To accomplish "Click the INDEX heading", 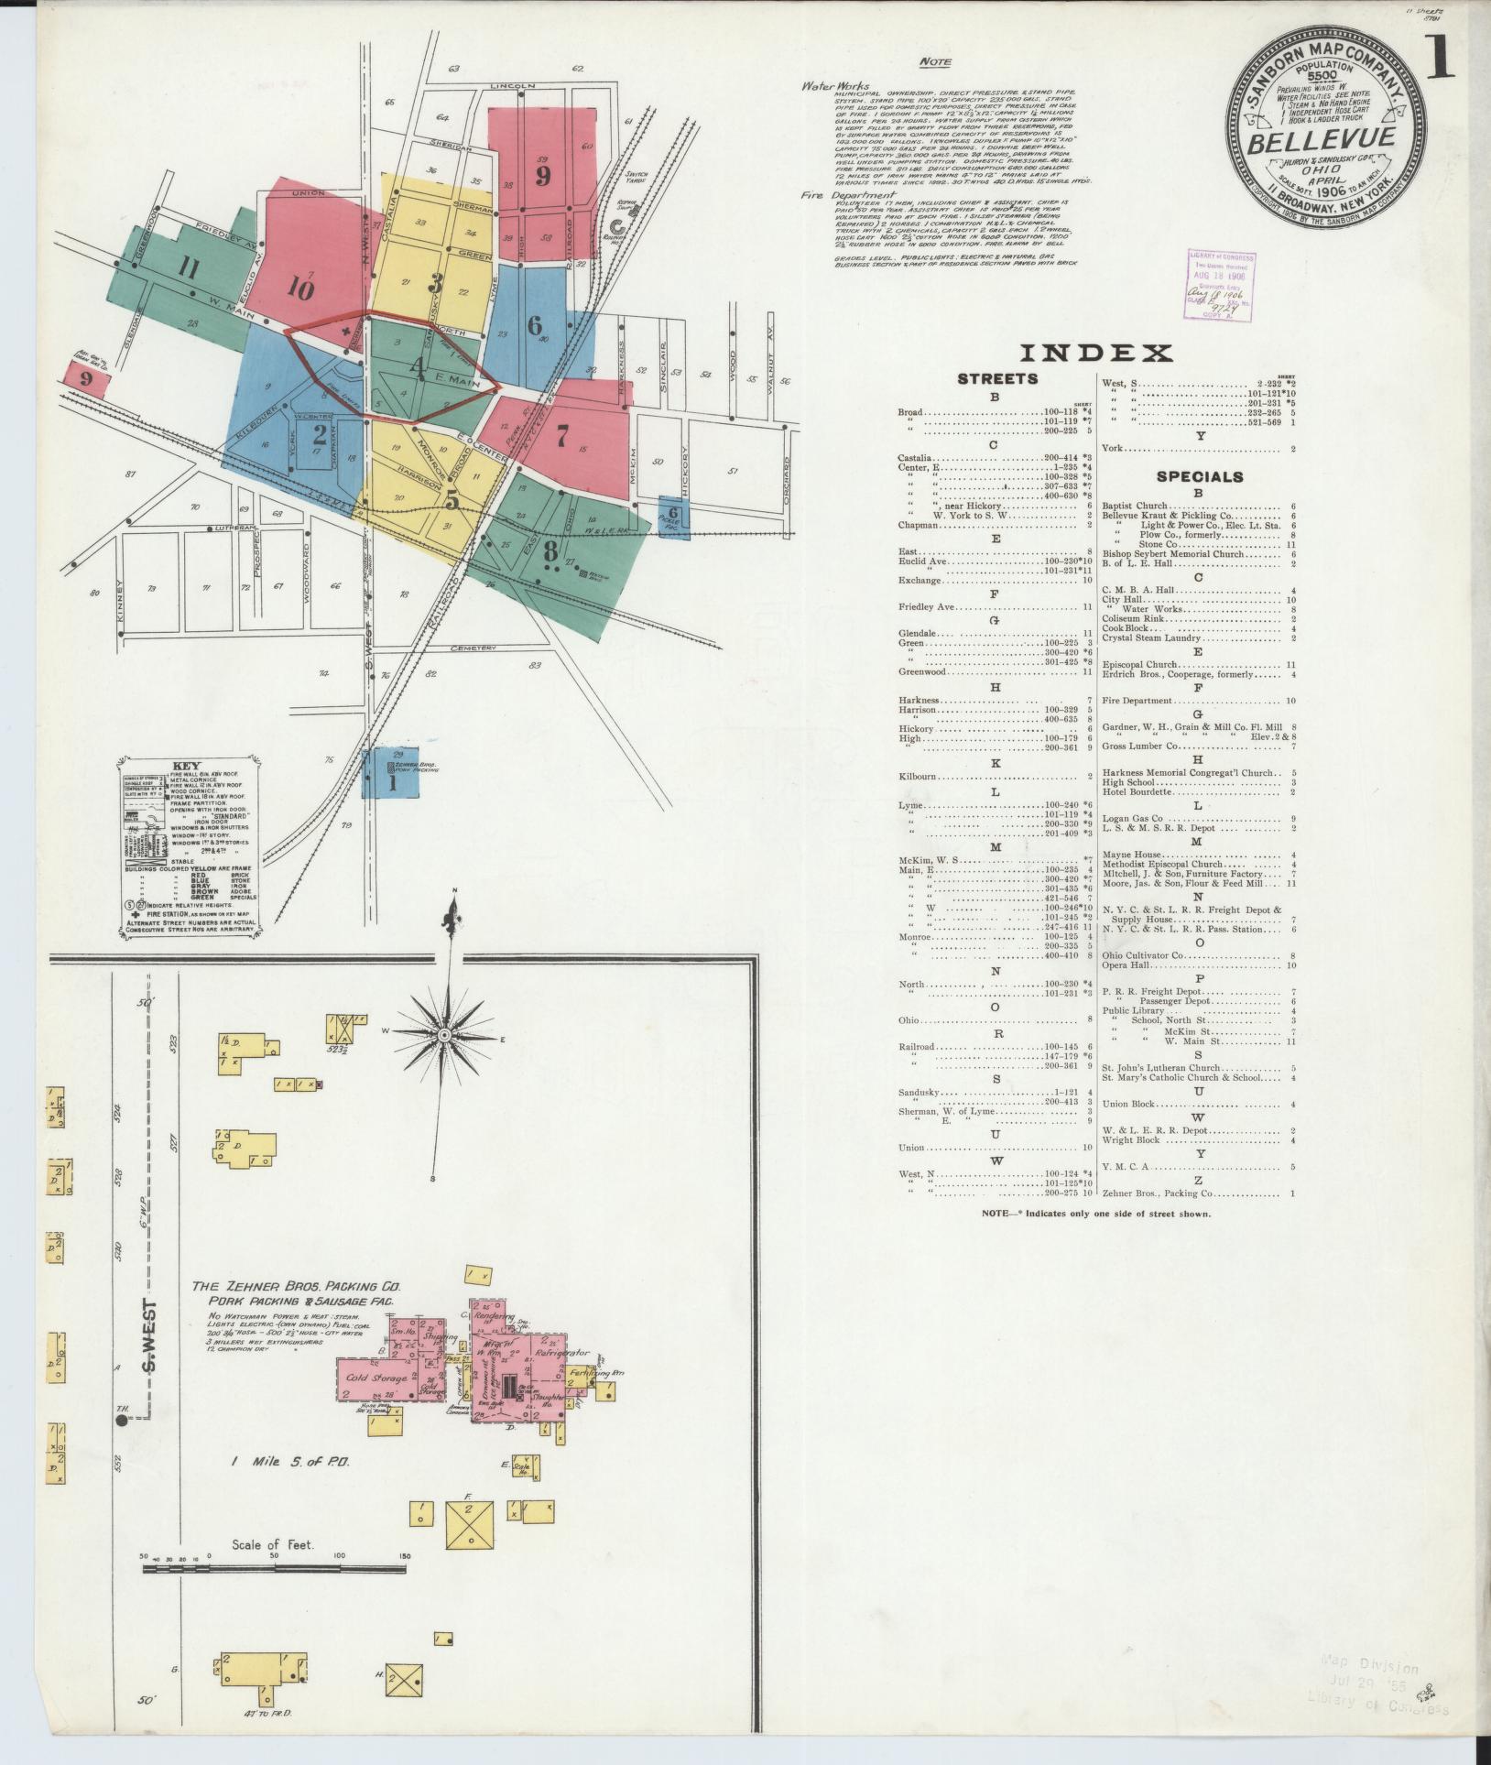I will [1095, 353].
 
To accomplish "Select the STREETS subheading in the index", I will [996, 378].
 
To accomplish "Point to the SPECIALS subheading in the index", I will [1200, 476].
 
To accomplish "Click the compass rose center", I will [444, 1034].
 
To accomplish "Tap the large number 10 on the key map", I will [299, 287].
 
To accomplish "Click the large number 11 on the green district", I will [189, 268].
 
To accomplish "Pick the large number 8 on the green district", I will [550, 551].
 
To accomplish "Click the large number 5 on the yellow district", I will [452, 500].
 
